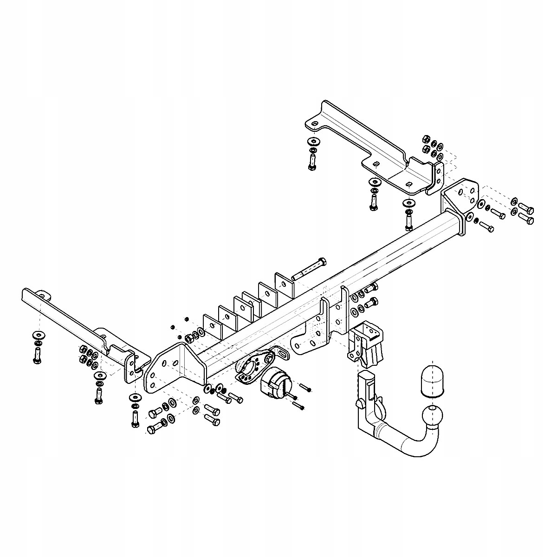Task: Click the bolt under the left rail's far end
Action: click(37, 356)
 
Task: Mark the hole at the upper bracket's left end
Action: click(315, 124)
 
